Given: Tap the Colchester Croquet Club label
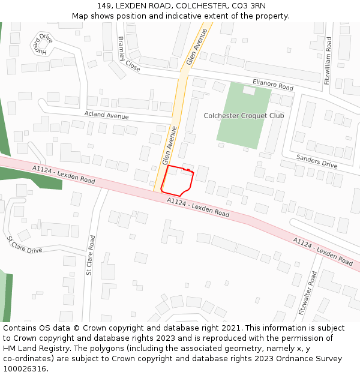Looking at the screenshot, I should (x=244, y=115).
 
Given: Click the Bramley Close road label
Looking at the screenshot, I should (x=128, y=54).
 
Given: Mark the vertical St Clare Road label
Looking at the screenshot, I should (x=91, y=255).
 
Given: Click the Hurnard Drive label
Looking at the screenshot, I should (x=42, y=43).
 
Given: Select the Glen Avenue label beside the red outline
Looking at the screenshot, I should (x=170, y=146).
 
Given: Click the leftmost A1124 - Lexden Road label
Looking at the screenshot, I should (x=64, y=175).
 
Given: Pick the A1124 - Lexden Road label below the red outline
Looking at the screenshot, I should (x=198, y=207).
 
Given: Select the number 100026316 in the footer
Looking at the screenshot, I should (x=25, y=368).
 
